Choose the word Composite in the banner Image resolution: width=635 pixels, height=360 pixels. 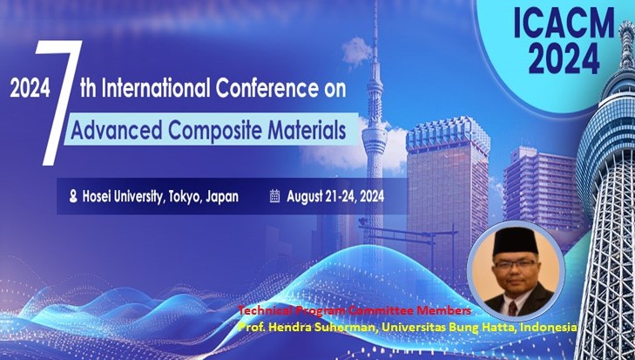point(208,131)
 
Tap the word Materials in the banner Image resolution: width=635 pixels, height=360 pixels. point(301,131)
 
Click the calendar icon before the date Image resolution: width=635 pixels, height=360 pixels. point(274,196)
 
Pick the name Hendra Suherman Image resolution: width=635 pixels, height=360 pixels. point(314,325)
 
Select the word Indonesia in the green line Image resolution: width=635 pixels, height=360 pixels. point(548,325)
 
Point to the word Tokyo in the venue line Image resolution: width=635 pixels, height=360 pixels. point(181,197)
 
